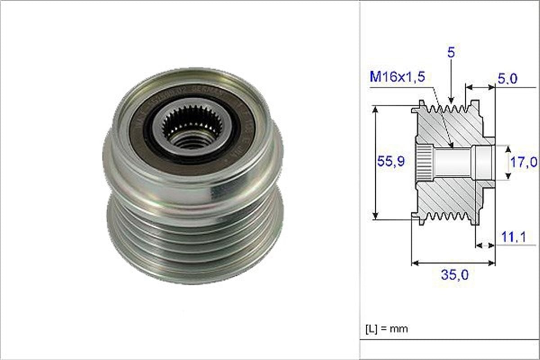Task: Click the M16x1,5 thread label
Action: (x=397, y=77)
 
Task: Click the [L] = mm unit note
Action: (x=386, y=328)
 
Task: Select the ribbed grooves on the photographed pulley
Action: (x=193, y=243)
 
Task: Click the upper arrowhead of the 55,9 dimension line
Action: (x=375, y=109)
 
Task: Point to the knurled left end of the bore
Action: (x=424, y=162)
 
